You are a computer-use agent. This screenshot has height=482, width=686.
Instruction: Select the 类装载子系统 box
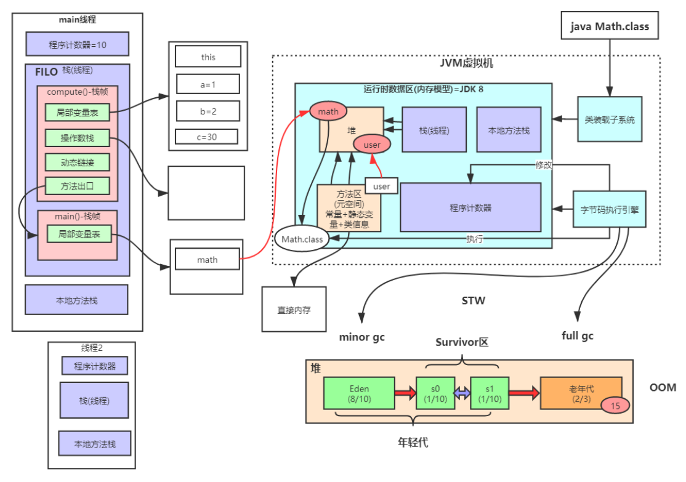(609, 120)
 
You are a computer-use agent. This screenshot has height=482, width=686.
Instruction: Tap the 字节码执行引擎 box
(609, 209)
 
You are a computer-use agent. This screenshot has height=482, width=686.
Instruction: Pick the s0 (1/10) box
(435, 393)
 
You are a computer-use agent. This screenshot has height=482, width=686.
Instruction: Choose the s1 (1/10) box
(490, 393)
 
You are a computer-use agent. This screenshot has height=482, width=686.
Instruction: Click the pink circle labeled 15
(615, 405)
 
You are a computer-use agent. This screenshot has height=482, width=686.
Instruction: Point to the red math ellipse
(328, 111)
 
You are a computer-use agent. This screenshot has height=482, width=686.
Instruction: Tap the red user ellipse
(372, 145)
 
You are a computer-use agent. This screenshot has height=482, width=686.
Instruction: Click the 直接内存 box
(294, 310)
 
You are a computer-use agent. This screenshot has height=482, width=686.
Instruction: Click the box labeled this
(208, 57)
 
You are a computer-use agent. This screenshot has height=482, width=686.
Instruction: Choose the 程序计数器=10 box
(78, 44)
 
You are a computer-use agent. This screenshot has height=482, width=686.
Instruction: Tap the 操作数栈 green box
(77, 138)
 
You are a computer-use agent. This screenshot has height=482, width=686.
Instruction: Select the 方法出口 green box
(77, 185)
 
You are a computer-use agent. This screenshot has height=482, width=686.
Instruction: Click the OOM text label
(663, 387)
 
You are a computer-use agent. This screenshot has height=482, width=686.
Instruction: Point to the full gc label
(578, 336)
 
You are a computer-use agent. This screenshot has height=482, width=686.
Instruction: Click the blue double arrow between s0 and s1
(462, 393)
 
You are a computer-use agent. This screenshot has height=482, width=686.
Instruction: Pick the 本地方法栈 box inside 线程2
(95, 444)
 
